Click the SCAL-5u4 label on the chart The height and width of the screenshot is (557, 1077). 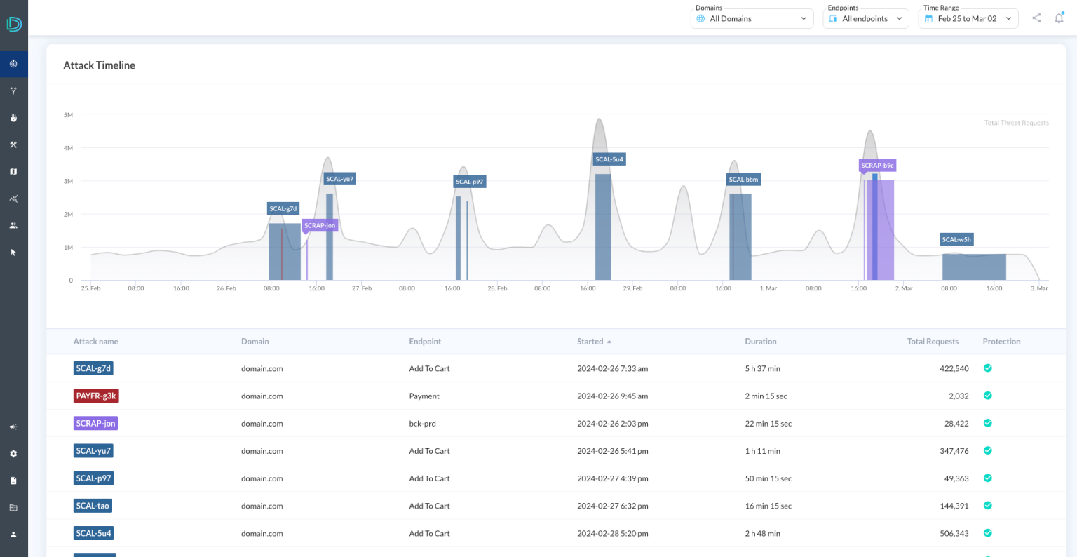coord(609,159)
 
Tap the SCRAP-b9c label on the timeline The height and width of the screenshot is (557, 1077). coord(877,166)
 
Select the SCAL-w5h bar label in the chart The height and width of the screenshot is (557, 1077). coord(956,239)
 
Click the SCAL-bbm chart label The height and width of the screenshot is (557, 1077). coord(743,180)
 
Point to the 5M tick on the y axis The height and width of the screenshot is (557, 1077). coord(68,115)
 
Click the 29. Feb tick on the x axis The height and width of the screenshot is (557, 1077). coord(632,288)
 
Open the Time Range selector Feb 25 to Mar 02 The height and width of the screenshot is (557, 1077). coord(968,19)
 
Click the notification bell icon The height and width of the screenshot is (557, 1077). coord(1059,18)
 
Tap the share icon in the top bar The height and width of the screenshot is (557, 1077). coord(1036,18)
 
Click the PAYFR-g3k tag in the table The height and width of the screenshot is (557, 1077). coord(96,396)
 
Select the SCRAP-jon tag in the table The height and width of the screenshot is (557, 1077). coord(95,424)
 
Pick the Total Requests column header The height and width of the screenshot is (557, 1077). coord(932,342)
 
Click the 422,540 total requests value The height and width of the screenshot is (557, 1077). coord(954,369)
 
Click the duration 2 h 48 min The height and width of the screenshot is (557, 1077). coord(762,534)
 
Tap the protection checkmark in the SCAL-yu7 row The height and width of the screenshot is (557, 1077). coord(987,451)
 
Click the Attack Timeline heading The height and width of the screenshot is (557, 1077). coord(99,65)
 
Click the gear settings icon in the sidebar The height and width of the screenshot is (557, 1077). coord(13,454)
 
